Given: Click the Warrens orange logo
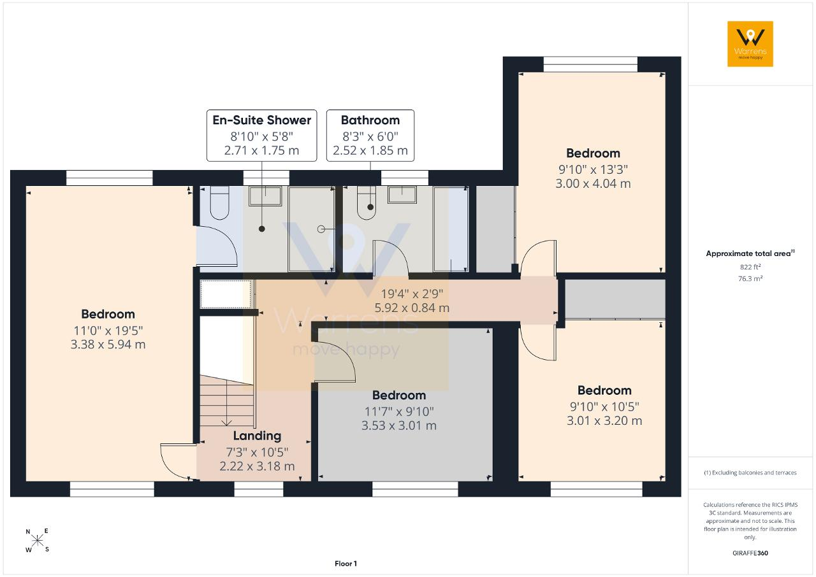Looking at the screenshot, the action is [x=750, y=44].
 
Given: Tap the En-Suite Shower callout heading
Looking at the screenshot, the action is [x=261, y=120].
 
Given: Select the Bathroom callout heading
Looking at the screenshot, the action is [x=370, y=120].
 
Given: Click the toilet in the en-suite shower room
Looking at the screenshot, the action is [x=219, y=203].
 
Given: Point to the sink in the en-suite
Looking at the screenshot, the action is [x=265, y=196].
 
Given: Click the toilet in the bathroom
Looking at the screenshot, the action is [x=366, y=203].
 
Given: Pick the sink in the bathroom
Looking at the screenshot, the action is [x=402, y=195].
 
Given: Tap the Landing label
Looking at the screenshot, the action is [x=257, y=436].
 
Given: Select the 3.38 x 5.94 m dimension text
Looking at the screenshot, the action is [x=108, y=344].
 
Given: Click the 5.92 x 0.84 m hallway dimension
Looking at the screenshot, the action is [x=412, y=308].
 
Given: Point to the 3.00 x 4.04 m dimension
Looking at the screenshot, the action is [x=593, y=183].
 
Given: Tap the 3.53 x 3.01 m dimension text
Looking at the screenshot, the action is [x=399, y=425].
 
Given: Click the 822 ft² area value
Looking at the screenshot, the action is [x=750, y=267].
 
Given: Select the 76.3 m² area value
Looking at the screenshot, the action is [x=750, y=278].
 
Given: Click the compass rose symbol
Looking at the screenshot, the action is [x=37, y=541].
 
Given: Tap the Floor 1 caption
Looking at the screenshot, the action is [x=346, y=564].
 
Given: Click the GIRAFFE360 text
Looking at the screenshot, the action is [x=750, y=553].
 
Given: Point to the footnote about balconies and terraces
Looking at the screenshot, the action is [x=750, y=473].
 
